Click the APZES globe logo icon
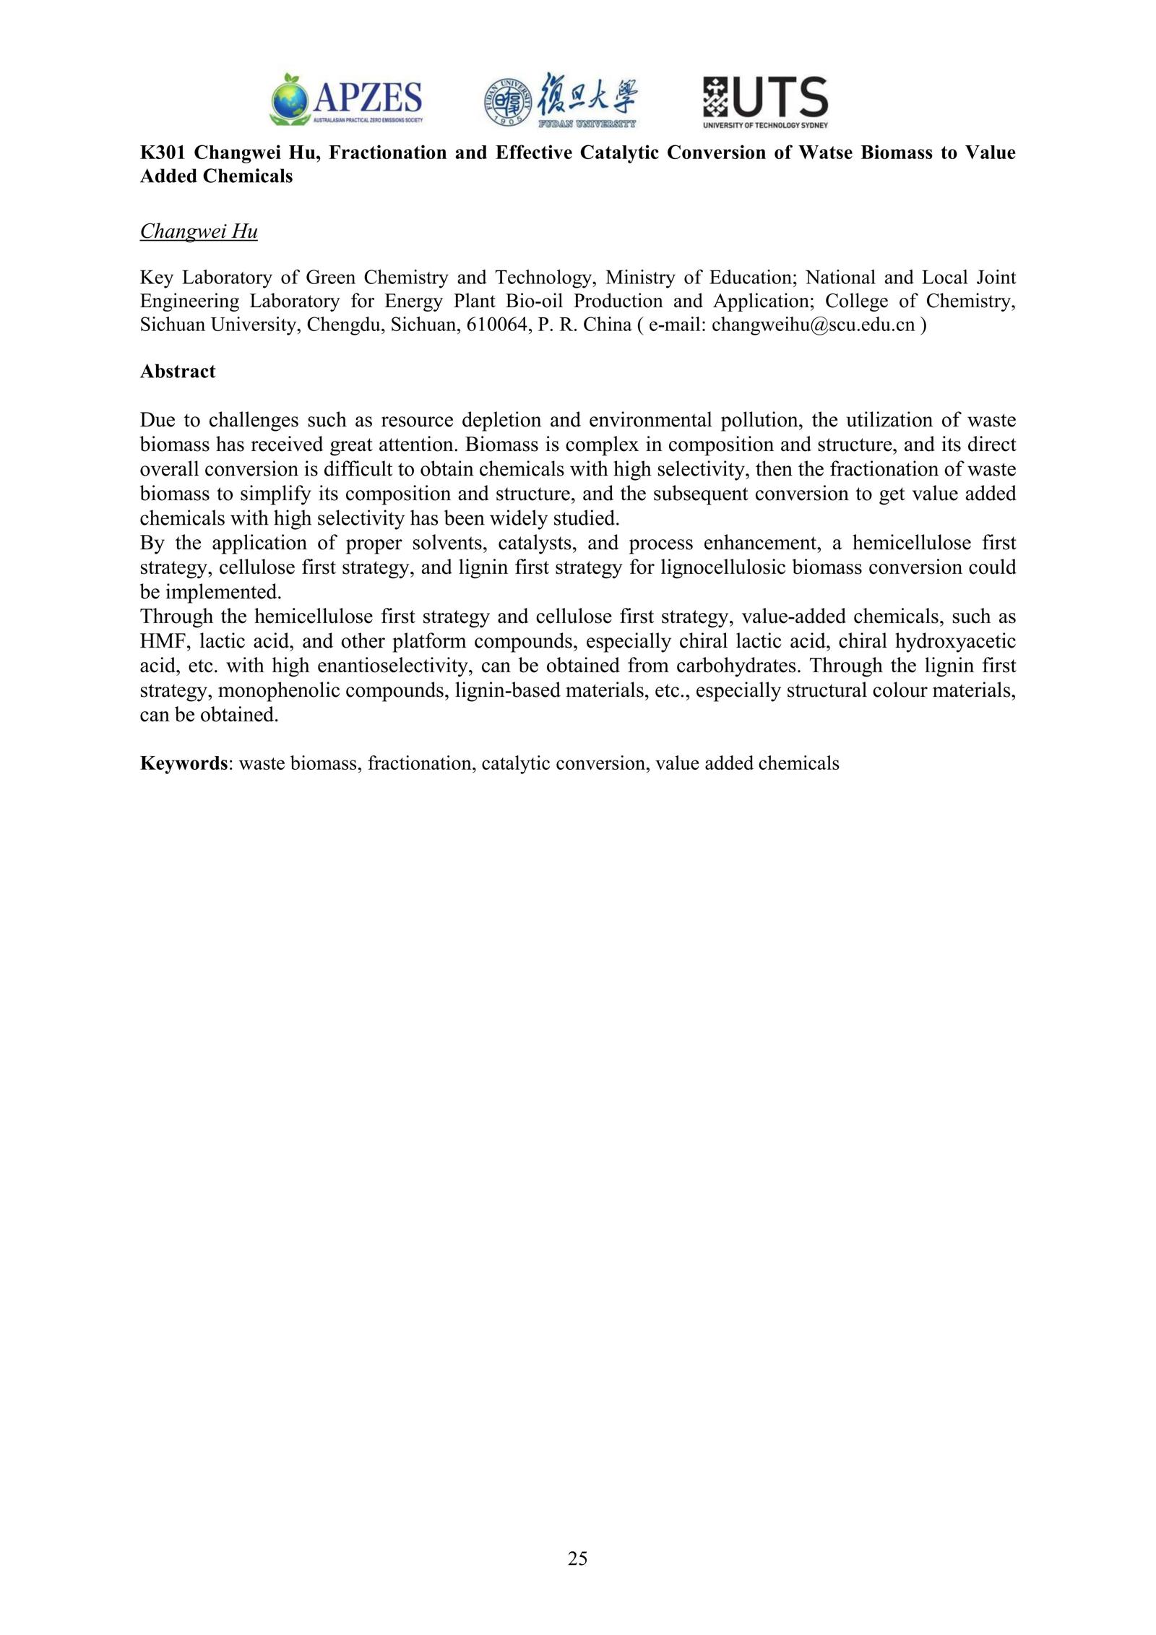[x=290, y=98]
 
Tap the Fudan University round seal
[x=507, y=102]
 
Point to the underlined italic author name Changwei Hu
[x=199, y=231]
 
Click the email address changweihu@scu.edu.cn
[x=813, y=325]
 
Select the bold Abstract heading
[x=178, y=372]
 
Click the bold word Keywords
[x=184, y=763]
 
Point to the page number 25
[x=578, y=1558]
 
